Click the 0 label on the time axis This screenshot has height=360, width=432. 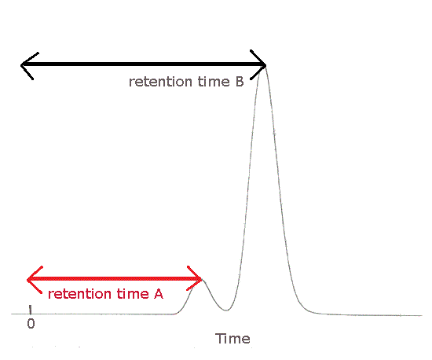click(x=31, y=324)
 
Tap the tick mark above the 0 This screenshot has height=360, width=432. click(x=31, y=310)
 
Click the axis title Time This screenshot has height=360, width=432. click(x=232, y=339)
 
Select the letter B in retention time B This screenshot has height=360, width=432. click(x=240, y=82)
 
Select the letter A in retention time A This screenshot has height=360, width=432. click(x=159, y=294)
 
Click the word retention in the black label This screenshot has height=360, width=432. click(x=160, y=82)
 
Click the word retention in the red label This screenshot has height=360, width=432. click(x=79, y=294)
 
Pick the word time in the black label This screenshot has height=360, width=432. click(x=214, y=82)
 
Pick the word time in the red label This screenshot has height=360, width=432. click(x=133, y=294)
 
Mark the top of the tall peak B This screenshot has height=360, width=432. click(x=265, y=67)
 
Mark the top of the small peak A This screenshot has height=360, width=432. click(x=203, y=280)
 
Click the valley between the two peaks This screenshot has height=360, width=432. click(x=226, y=310)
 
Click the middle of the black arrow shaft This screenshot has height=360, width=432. click(x=144, y=64)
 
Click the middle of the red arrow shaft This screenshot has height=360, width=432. click(x=115, y=279)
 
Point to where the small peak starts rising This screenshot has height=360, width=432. click(x=175, y=314)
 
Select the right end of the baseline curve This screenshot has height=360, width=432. click(x=422, y=315)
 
